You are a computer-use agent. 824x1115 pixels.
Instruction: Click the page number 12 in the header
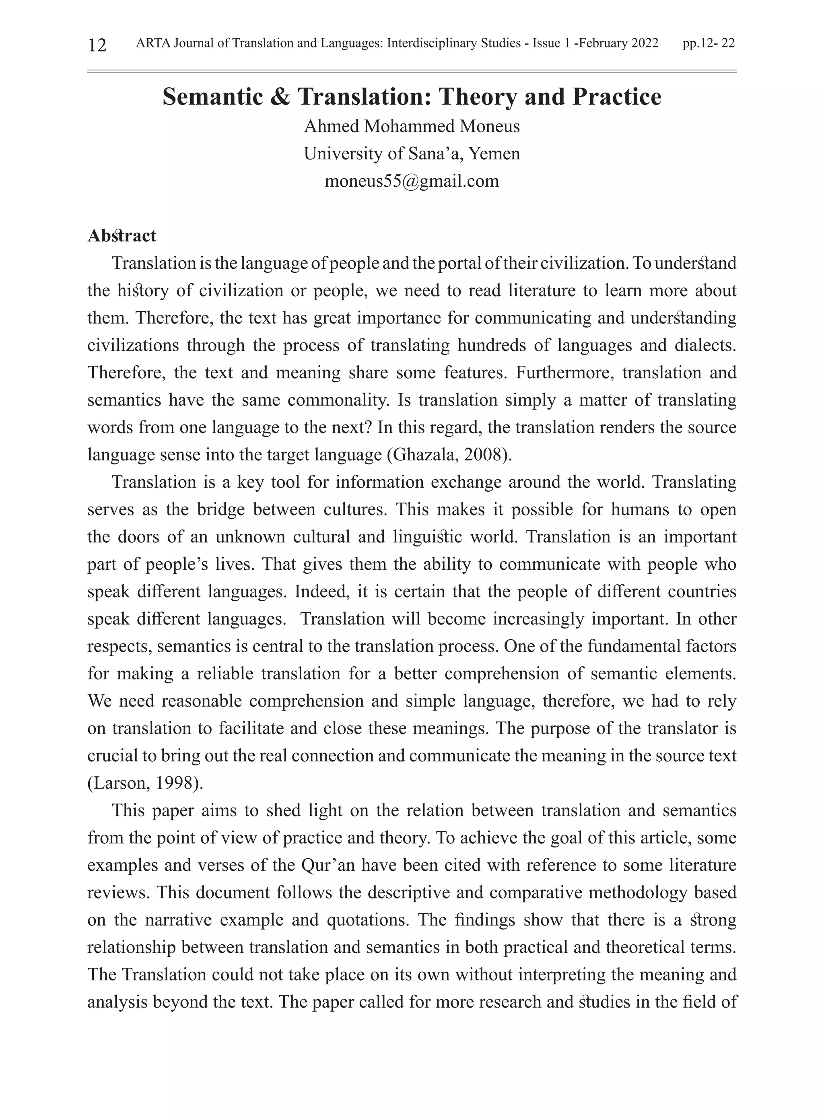click(x=97, y=45)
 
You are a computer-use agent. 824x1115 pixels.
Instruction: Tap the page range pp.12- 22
click(x=708, y=43)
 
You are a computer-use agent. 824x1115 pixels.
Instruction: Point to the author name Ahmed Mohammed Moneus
click(x=412, y=126)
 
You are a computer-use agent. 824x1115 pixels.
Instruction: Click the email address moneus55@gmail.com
click(x=412, y=181)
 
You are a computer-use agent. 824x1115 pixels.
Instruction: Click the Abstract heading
click(x=122, y=235)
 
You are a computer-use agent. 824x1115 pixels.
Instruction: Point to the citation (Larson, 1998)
click(x=145, y=783)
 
